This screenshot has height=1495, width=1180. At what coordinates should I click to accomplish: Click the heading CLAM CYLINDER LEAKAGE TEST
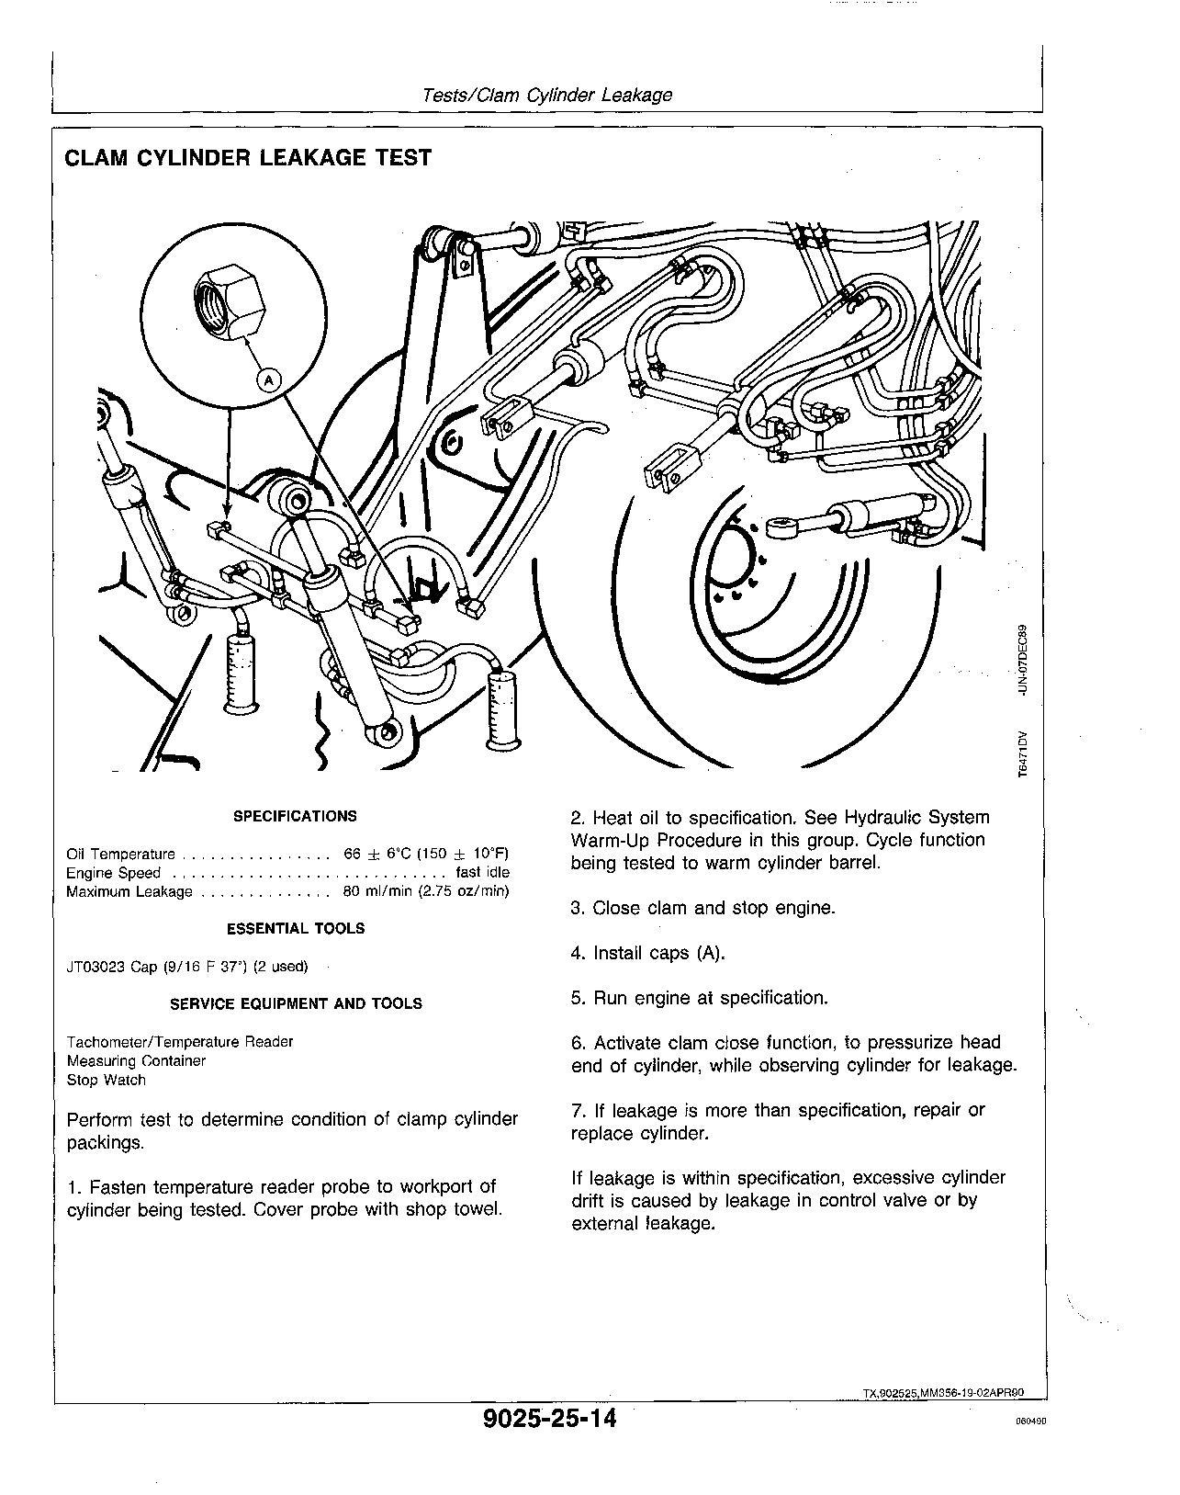(247, 158)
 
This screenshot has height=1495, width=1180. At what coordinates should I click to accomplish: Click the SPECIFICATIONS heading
(295, 816)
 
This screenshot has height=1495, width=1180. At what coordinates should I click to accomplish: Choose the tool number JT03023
(96, 967)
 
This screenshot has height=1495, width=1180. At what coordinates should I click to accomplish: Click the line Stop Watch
(107, 1080)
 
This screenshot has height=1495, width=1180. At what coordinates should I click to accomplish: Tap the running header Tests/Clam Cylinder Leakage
(546, 95)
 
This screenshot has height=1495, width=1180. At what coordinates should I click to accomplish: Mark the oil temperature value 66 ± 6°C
(376, 854)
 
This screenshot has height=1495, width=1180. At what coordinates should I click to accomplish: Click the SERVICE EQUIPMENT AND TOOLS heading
(296, 1003)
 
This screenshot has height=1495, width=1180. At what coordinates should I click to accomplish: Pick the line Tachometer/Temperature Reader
(180, 1042)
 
